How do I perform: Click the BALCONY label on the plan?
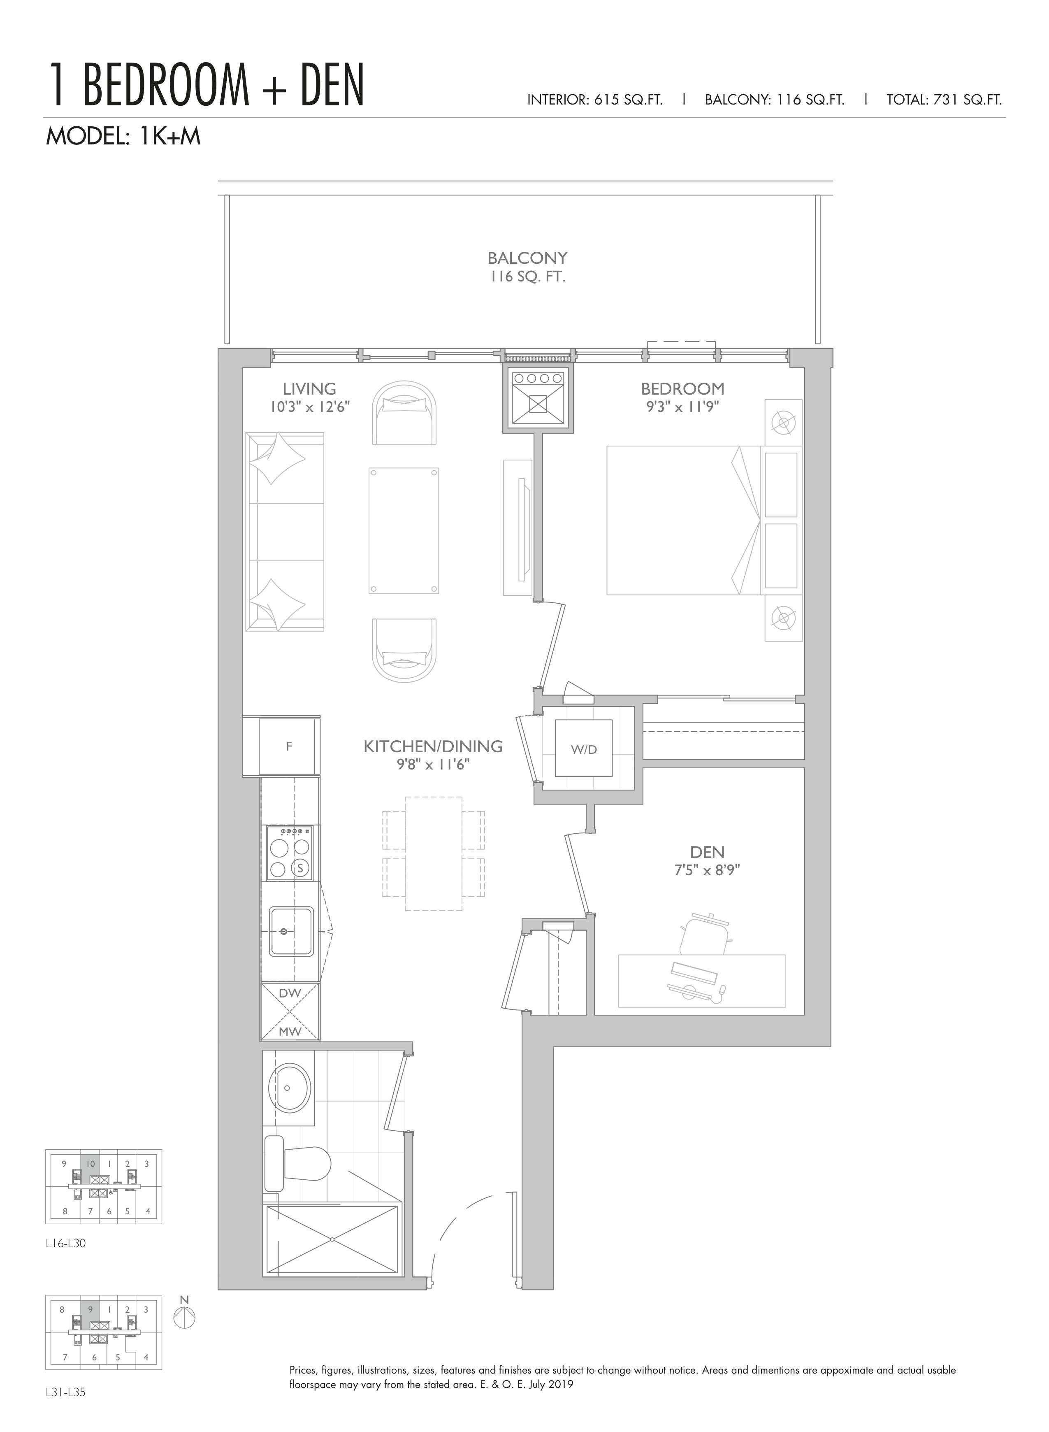pos(527,258)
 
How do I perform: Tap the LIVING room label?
pos(309,388)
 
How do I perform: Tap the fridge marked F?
pos(289,746)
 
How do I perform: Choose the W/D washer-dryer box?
pos(584,748)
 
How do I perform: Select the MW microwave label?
pos(290,1032)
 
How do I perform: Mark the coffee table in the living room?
pos(404,530)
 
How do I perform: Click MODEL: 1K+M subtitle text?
pos(123,136)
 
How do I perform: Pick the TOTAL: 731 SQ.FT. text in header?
pos(944,100)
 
